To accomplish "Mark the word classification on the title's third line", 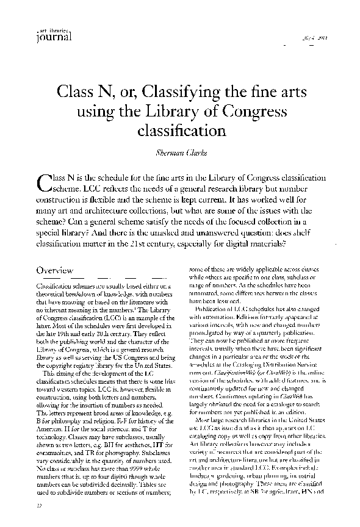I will [182, 131].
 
